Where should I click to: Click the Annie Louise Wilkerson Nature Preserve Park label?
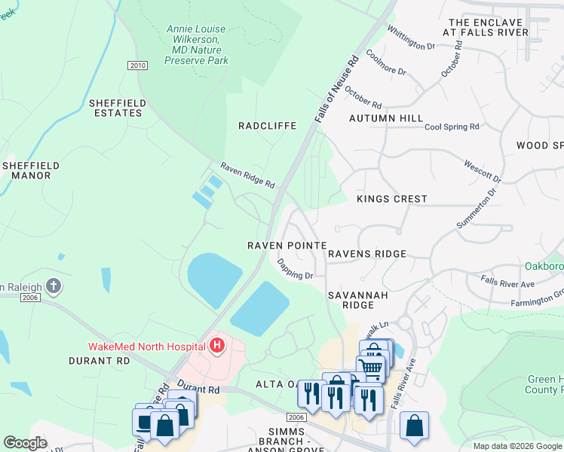tap(197, 44)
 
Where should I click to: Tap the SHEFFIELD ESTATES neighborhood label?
tap(115, 108)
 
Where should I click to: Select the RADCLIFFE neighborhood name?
tap(267, 126)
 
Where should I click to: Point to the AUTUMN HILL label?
tap(386, 119)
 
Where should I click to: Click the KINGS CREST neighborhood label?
tap(391, 199)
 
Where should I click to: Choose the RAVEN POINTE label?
tap(287, 246)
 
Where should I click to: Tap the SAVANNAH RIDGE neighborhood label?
tap(357, 300)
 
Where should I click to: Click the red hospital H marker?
tap(217, 346)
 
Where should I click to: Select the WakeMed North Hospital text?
tap(147, 347)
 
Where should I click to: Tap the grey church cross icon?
tap(52, 286)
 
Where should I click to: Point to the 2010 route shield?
tap(137, 66)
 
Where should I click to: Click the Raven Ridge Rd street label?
tap(247, 176)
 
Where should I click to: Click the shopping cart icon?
tap(370, 368)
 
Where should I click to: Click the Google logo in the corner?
tap(26, 443)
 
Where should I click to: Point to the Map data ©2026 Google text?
tap(517, 446)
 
